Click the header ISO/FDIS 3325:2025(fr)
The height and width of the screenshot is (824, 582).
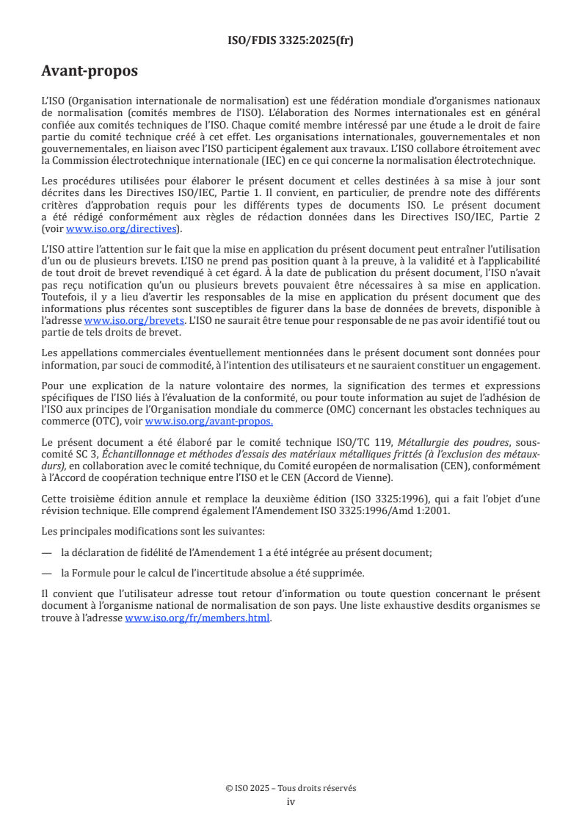[x=291, y=41]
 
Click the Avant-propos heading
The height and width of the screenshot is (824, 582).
[x=90, y=71]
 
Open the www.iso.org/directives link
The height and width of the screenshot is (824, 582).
[x=121, y=228]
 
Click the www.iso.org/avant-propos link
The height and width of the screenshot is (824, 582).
[x=209, y=421]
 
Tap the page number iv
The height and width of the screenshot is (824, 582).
[x=291, y=801]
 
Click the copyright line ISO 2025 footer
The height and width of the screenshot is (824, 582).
[x=291, y=788]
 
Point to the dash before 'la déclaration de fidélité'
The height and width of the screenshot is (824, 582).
[x=47, y=552]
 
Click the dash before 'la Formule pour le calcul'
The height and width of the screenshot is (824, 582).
[x=47, y=573]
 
